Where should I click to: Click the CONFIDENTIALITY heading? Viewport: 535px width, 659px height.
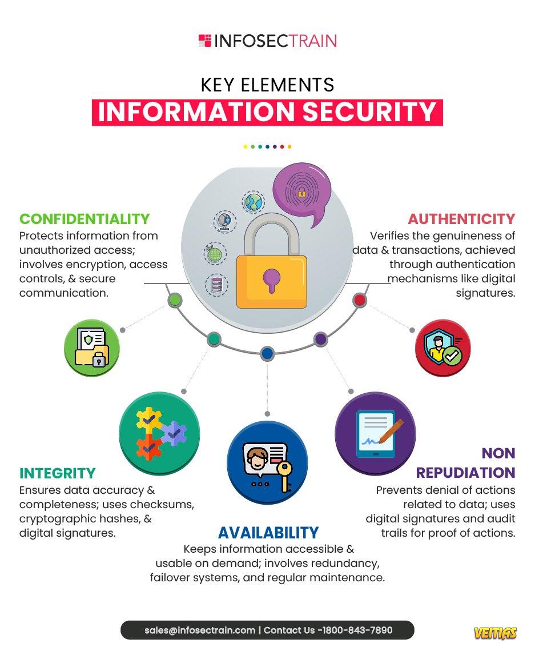click(x=85, y=219)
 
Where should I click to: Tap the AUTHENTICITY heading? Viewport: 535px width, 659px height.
click(x=461, y=219)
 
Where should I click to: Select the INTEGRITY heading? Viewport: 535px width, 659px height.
click(x=58, y=473)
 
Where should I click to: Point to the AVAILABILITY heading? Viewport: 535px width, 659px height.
click(x=268, y=533)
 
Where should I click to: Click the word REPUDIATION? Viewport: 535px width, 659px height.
click(x=465, y=473)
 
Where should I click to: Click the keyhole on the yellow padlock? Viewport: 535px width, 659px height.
click(x=271, y=280)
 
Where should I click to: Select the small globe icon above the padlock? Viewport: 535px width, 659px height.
click(x=253, y=202)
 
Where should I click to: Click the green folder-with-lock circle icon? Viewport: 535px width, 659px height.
click(x=92, y=348)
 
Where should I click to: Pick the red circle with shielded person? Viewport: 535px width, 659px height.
click(x=443, y=348)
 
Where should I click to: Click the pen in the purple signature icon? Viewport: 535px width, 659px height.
click(x=391, y=432)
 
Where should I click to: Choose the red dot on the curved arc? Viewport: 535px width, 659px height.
click(x=360, y=299)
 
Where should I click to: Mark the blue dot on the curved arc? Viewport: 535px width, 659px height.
click(x=267, y=353)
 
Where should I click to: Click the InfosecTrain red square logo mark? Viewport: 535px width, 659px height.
click(x=205, y=41)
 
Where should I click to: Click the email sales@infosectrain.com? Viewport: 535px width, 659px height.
click(x=200, y=630)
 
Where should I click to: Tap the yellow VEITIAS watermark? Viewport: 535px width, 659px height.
click(x=496, y=633)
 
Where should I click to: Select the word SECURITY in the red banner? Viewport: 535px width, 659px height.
click(x=369, y=112)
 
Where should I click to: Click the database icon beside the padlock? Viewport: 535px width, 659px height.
click(x=217, y=285)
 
